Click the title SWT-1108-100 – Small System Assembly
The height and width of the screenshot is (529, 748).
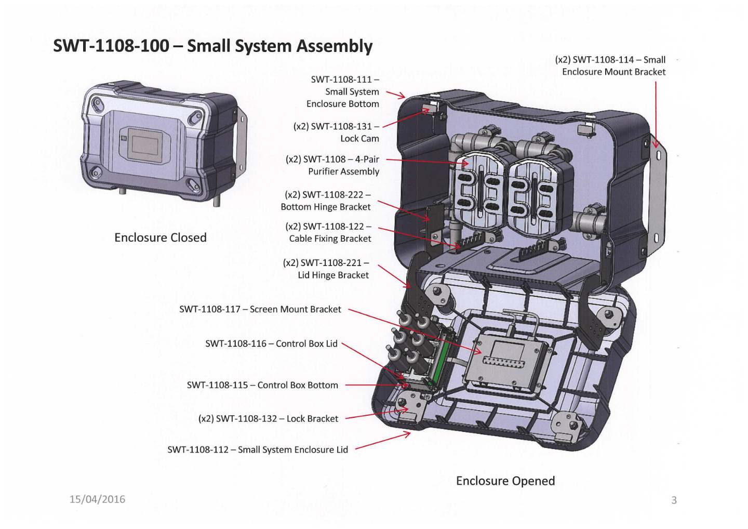coord(212,46)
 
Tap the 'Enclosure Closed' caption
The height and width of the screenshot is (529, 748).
coord(160,237)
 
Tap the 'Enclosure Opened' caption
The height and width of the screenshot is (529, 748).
coord(505,481)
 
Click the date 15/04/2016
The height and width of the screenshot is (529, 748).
coord(97,499)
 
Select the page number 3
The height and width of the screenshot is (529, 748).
coord(674,500)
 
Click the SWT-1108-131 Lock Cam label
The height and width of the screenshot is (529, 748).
coord(336,133)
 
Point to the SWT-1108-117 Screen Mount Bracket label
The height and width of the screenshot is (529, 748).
coord(260,309)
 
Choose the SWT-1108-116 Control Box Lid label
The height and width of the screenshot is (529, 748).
coord(271,343)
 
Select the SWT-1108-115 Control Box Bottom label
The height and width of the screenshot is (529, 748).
coord(262,385)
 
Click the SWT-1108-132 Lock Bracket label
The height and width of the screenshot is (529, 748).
coord(268,419)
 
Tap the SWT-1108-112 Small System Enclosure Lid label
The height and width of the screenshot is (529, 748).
coord(258,449)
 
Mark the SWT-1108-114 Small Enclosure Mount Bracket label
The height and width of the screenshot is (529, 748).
coord(610,66)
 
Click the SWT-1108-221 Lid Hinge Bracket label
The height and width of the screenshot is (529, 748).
coord(326,269)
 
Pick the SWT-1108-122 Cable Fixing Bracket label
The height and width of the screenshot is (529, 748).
coord(328,232)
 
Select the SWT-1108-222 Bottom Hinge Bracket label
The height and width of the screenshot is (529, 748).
coord(326,201)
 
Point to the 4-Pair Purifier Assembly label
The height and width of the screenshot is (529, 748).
coord(332,165)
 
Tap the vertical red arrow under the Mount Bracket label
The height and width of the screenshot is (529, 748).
coord(656,114)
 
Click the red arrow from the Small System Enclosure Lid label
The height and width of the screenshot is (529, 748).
coord(382,441)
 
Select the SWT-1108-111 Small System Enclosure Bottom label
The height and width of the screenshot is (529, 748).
coord(343,91)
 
